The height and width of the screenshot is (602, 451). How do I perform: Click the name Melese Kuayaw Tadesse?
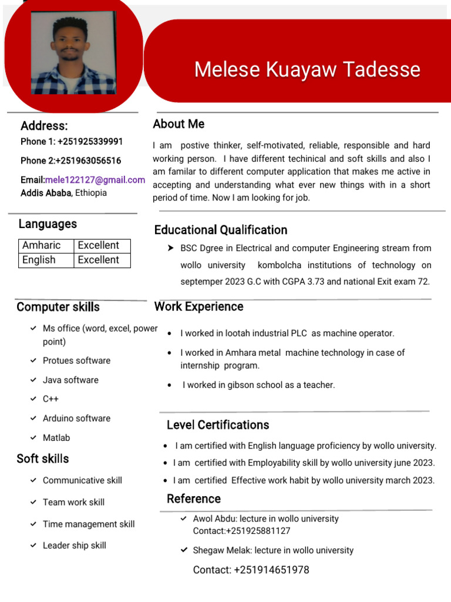click(x=307, y=69)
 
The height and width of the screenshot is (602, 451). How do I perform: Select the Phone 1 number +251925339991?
click(x=90, y=141)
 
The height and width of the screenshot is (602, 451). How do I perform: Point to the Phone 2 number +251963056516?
click(x=89, y=160)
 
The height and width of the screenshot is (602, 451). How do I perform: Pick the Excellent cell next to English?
click(x=102, y=260)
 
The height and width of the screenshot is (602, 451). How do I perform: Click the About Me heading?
click(x=179, y=124)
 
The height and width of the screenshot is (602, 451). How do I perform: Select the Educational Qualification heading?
click(x=221, y=230)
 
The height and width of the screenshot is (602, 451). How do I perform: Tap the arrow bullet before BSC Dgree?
click(x=171, y=249)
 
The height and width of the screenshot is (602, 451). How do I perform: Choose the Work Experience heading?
click(x=198, y=307)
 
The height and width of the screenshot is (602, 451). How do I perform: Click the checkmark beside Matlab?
click(x=33, y=438)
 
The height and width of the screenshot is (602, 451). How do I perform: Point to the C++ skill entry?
click(x=51, y=399)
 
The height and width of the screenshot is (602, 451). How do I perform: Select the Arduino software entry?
click(x=76, y=419)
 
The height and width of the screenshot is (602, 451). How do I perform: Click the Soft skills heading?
click(x=43, y=459)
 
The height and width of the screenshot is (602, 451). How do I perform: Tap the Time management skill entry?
click(x=89, y=524)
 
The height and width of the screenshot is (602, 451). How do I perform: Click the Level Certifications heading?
click(x=218, y=425)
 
